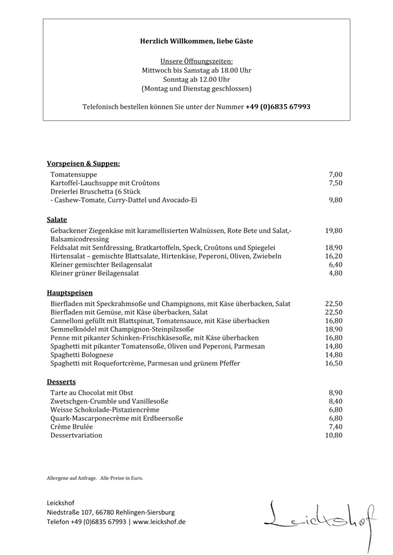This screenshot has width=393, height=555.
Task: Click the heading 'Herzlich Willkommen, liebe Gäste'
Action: click(196, 41)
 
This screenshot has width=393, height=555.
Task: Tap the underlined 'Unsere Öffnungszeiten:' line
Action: click(196, 62)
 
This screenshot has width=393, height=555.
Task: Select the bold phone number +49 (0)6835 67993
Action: click(278, 107)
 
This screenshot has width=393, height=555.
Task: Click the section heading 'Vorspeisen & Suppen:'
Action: click(84, 163)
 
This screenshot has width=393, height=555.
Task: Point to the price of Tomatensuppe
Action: click(335, 175)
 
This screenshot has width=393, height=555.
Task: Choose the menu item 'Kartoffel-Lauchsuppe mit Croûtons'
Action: click(105, 183)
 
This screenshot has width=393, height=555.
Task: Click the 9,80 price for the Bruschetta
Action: click(335, 200)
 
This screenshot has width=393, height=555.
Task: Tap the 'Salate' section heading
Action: click(57, 220)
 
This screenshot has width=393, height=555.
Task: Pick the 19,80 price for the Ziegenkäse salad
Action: click(333, 230)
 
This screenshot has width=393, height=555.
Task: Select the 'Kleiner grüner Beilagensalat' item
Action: click(94, 273)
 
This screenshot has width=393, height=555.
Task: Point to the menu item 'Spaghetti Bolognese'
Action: click(82, 355)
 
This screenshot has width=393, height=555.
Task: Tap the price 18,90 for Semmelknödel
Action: click(333, 329)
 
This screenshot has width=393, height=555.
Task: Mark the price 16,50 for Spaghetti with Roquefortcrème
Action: click(333, 364)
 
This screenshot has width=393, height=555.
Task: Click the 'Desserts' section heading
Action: click(61, 382)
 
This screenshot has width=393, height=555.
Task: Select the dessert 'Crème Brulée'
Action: click(71, 427)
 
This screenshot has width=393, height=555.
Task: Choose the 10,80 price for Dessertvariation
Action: click(333, 435)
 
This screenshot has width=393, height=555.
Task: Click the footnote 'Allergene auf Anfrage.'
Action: click(72, 479)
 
